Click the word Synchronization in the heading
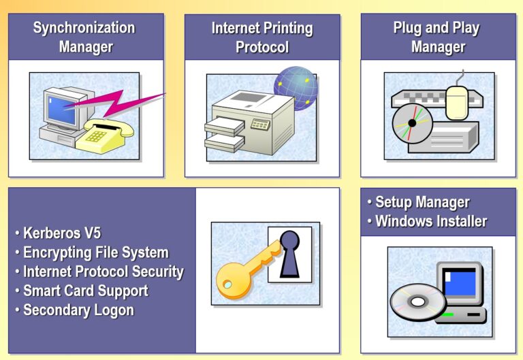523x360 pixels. (x=84, y=28)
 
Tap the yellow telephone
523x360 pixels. (x=104, y=136)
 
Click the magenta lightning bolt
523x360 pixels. (x=114, y=102)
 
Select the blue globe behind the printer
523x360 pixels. (x=296, y=88)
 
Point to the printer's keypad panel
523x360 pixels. (x=260, y=124)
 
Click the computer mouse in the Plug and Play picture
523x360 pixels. (x=458, y=102)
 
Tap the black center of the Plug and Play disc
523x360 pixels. (x=412, y=123)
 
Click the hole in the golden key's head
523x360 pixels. (x=228, y=284)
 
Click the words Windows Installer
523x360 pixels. (x=431, y=221)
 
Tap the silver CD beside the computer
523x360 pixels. (x=418, y=302)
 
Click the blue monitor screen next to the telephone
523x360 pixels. (x=61, y=110)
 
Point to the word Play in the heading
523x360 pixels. (x=466, y=29)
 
